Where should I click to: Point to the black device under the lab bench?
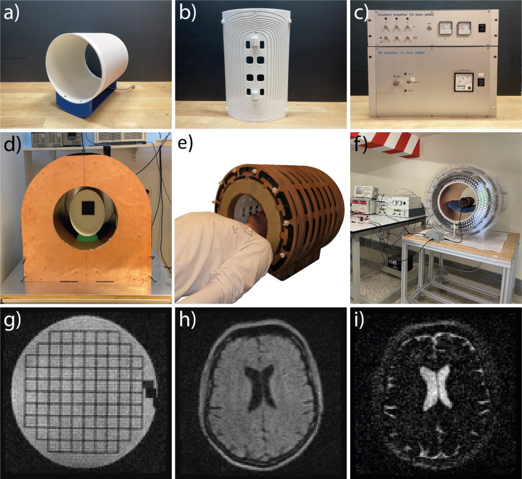(397, 262)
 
